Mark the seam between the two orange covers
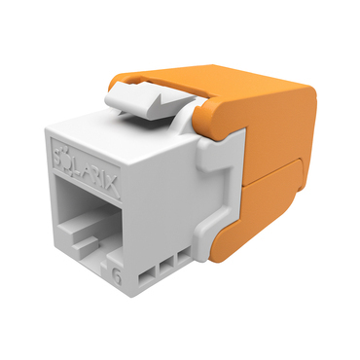pos(268,176)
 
